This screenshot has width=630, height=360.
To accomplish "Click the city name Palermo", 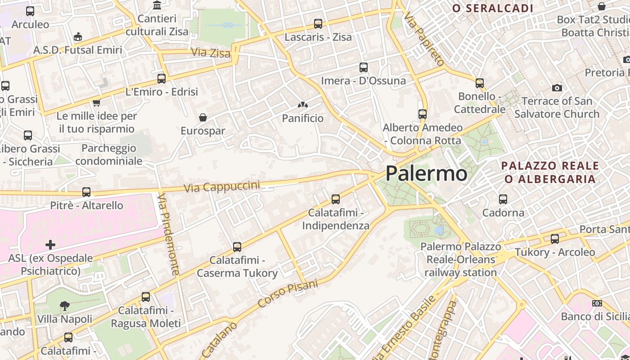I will (x=426, y=174).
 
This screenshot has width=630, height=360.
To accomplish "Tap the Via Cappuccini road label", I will (x=222, y=187).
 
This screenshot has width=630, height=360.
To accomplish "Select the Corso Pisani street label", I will (x=288, y=294).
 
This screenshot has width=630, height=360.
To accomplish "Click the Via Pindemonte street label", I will (x=169, y=234).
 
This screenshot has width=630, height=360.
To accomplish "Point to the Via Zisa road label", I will (x=211, y=53).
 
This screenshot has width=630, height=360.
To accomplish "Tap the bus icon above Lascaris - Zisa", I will (x=318, y=24).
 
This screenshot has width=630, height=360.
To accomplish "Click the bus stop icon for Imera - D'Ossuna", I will (x=364, y=67).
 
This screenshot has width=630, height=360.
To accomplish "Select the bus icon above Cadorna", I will (x=503, y=199).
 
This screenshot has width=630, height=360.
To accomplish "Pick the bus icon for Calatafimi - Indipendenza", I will (x=335, y=199).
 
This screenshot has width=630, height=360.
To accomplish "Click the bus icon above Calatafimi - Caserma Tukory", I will (x=237, y=247).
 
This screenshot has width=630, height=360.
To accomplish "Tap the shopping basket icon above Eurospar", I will (x=203, y=117).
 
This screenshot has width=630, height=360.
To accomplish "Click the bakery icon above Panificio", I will (x=303, y=105).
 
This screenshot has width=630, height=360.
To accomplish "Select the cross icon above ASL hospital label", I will (x=50, y=245).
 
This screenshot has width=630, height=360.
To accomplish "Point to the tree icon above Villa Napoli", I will (x=65, y=306).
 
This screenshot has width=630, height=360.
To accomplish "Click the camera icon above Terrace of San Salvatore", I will (x=557, y=88).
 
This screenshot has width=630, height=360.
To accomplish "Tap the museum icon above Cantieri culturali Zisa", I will (x=157, y=5).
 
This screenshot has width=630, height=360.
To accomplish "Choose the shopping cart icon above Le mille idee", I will (x=96, y=103).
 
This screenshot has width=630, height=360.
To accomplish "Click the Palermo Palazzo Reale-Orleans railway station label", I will (x=460, y=260).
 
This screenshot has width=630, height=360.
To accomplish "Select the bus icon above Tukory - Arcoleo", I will (x=555, y=238).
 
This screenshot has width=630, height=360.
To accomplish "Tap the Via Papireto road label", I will (x=424, y=40).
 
